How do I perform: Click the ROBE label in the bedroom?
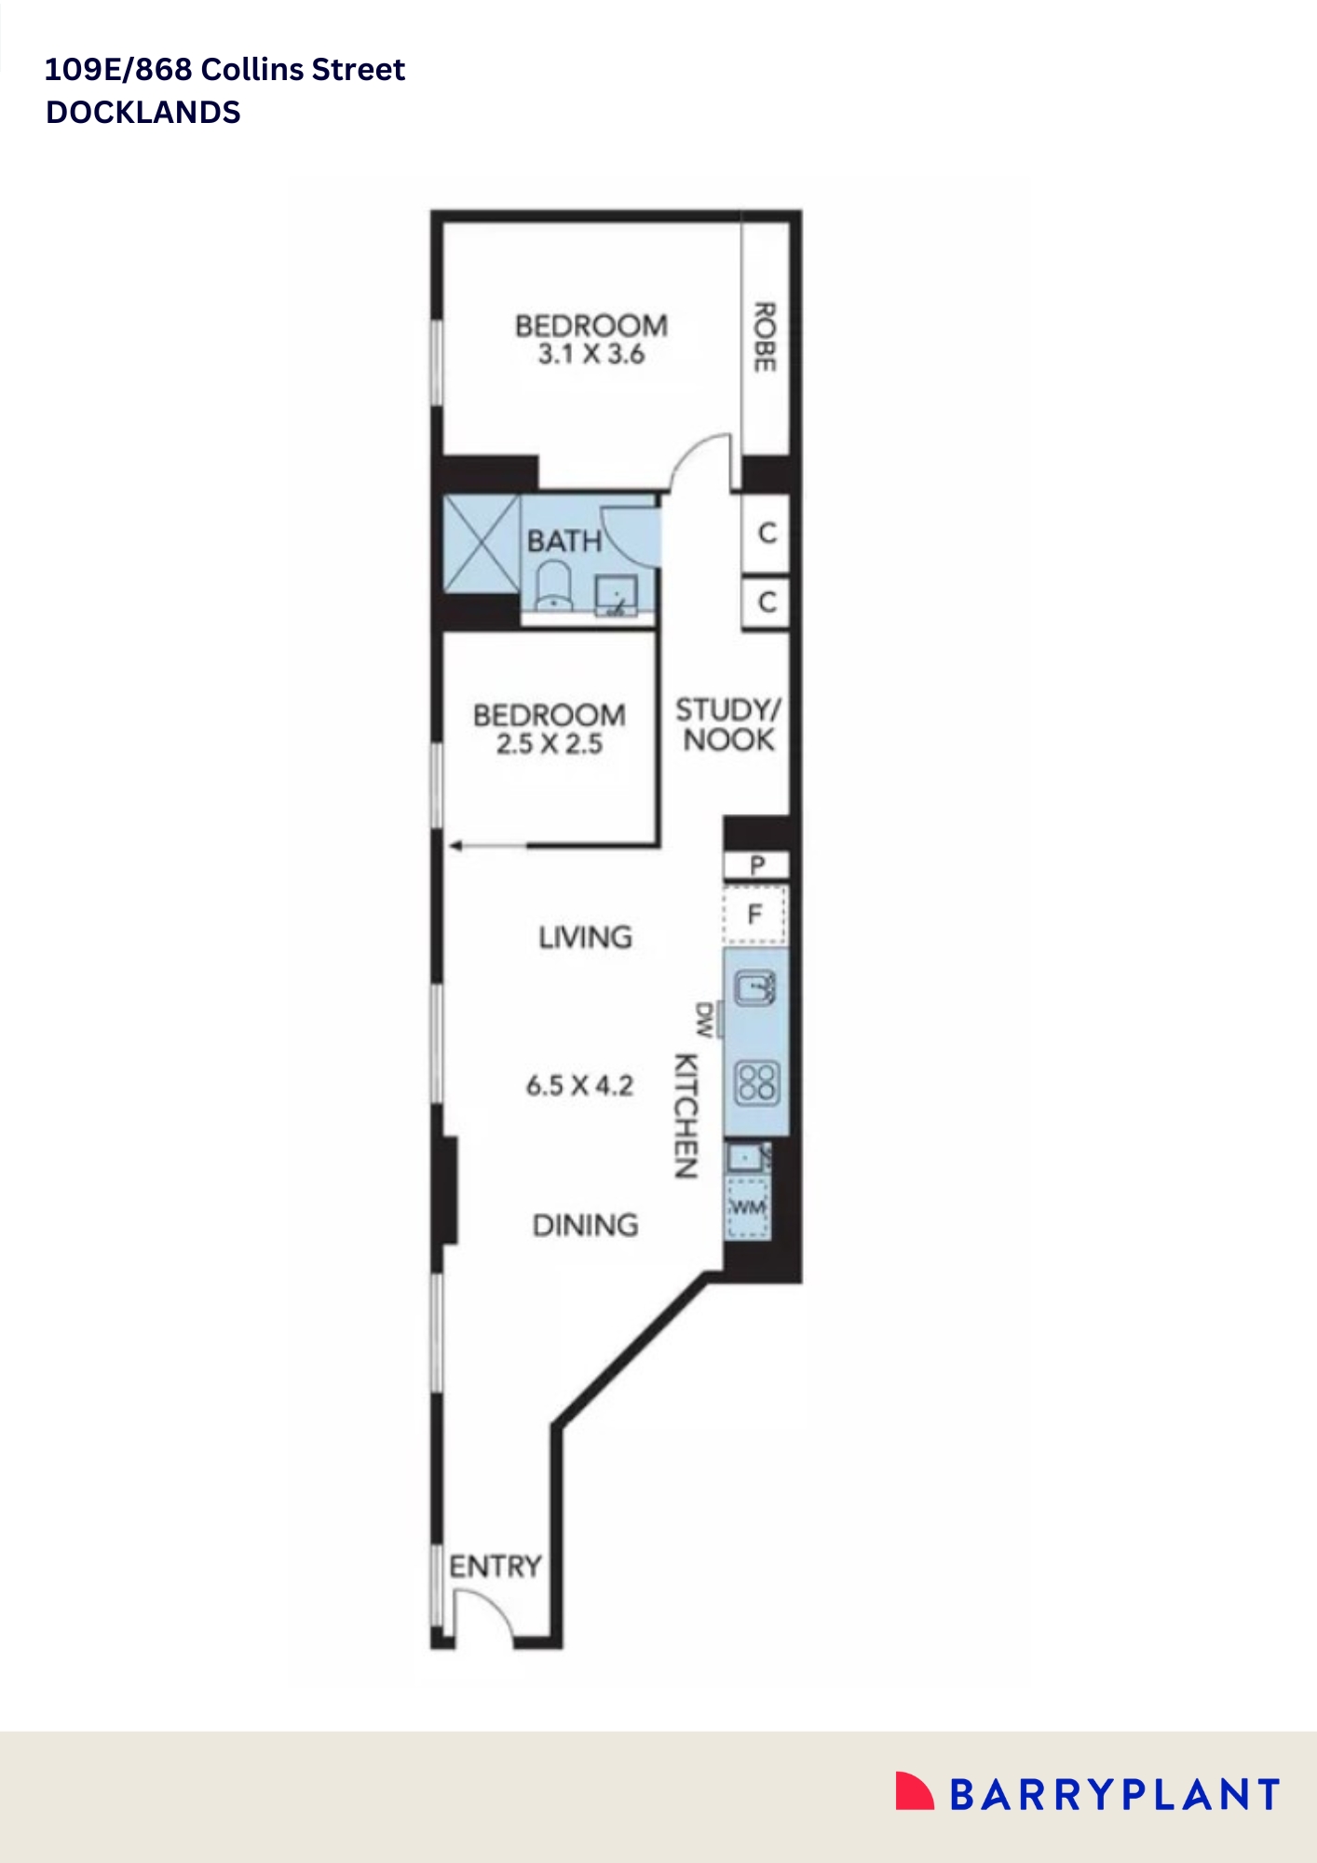764,336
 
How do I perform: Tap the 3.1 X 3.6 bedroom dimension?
591,355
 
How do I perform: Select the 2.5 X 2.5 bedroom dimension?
550,744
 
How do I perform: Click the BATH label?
563,541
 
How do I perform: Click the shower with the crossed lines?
482,544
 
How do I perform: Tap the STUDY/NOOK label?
728,725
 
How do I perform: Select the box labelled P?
756,865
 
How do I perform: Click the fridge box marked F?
755,915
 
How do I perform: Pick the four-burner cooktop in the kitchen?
756,1082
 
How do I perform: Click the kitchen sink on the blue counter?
755,987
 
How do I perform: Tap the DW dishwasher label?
705,1019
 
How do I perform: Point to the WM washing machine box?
748,1208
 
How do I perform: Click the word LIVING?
585,937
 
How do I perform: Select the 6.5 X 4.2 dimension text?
579,1086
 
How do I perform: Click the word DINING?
585,1225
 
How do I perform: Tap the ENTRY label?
495,1566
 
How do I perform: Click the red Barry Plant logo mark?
914,1791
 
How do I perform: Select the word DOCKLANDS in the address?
143,113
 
